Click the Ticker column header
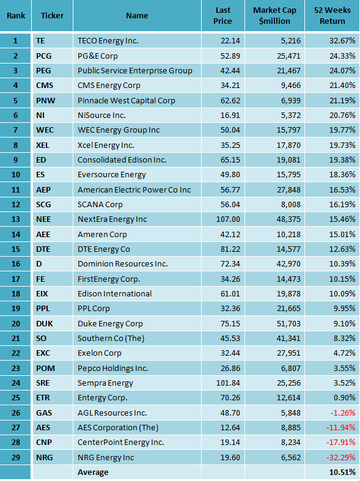(x=52, y=16)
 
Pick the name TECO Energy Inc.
(x=108, y=40)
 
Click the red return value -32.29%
(x=340, y=457)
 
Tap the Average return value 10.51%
(x=341, y=472)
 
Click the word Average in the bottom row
(x=93, y=472)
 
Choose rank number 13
(x=16, y=219)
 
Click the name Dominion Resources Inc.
(x=114, y=264)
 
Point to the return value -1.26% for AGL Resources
(x=342, y=413)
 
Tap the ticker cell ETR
(x=43, y=398)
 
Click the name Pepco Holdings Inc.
(x=112, y=368)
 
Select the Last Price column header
(x=223, y=16)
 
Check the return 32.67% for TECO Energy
(x=340, y=40)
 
